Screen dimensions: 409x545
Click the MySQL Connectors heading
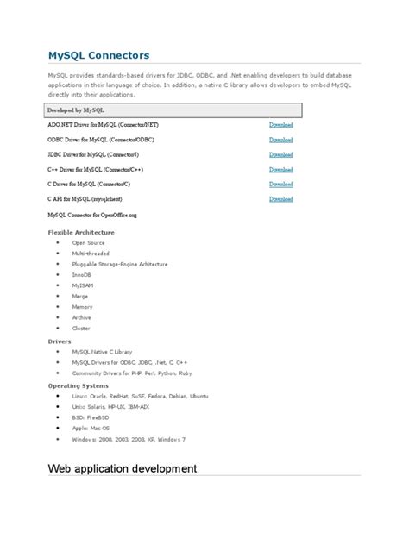98,55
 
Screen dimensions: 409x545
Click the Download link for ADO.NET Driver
280,125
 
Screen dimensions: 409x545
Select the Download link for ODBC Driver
280,140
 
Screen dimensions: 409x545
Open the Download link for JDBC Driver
280,154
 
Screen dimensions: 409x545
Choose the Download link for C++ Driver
280,169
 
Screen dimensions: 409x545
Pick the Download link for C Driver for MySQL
280,184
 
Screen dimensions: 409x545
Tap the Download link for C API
280,198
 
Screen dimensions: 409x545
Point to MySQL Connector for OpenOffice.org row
92,214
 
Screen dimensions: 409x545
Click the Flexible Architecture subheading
80,232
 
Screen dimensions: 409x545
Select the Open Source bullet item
88,242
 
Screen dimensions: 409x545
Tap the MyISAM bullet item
84,285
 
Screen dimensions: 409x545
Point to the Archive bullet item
82,317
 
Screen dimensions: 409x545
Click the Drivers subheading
60,341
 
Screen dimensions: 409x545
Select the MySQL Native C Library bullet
103,352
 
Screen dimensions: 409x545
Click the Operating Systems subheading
78,385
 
